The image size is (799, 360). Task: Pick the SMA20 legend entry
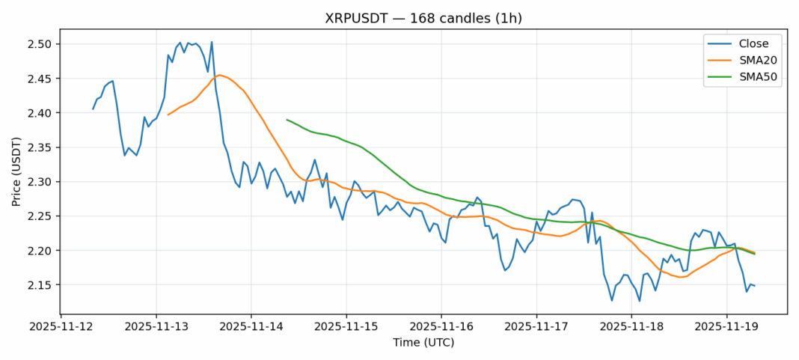tap(747, 61)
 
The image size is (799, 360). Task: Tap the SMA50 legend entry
tap(747, 78)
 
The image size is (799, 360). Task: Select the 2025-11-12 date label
tap(61, 327)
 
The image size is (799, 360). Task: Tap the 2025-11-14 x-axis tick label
tap(251, 327)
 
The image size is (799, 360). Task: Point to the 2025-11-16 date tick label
tap(441, 327)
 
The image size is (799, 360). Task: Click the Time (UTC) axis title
tap(423, 343)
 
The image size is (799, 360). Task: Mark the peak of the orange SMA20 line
tap(218, 75)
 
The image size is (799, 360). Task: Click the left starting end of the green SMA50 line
tap(287, 119)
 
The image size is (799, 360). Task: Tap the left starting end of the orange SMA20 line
tap(168, 115)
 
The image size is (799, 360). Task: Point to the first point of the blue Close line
tap(93, 109)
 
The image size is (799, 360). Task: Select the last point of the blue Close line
tap(754, 286)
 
